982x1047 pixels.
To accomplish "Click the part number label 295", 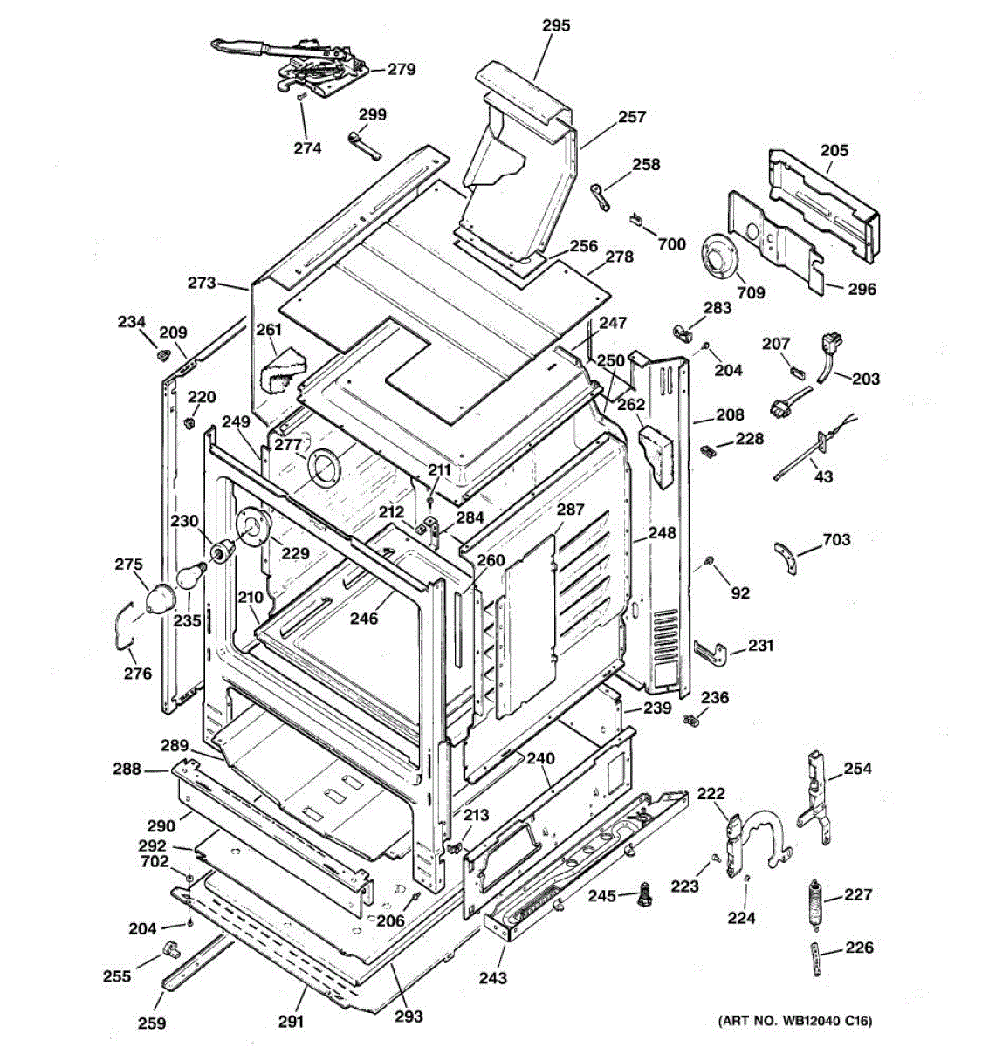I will [556, 26].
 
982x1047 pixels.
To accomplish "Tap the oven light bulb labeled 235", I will [189, 577].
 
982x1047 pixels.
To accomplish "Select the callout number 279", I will [402, 70].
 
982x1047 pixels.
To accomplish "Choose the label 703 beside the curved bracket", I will [835, 540].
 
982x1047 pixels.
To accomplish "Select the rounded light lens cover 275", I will [158, 599].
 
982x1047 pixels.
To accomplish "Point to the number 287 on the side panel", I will [570, 510].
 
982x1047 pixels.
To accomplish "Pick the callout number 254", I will [857, 769].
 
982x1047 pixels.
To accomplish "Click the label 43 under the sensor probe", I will [823, 477].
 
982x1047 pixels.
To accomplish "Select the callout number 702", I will [155, 862].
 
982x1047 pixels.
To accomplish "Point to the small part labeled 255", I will [169, 948].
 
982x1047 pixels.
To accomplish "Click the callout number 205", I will [834, 151].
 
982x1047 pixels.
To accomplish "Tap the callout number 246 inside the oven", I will [364, 619].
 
